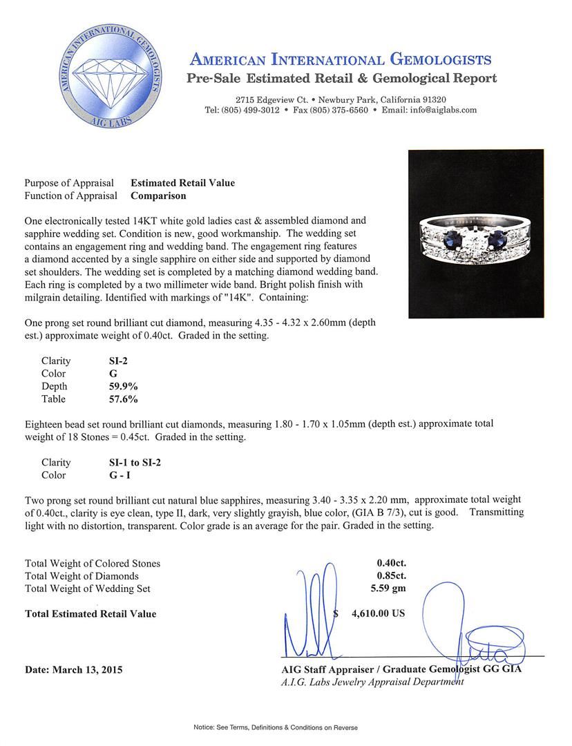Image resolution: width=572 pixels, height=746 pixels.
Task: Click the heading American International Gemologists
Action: [341, 59]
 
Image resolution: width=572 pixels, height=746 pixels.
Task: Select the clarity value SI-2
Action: [111, 361]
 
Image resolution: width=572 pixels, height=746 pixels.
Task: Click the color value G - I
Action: [112, 475]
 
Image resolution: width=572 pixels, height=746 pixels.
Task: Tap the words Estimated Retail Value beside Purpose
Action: [183, 183]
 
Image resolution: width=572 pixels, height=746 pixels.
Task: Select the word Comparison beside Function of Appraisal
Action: [158, 195]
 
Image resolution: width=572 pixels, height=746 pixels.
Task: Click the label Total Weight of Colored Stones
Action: [93, 563]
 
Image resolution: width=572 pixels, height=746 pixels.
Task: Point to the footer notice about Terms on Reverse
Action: [285, 727]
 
